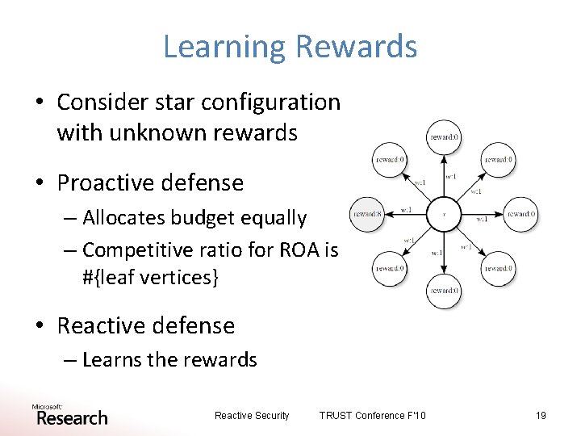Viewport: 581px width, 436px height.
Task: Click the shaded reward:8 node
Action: [x=366, y=215]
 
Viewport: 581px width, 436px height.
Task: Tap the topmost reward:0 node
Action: [x=444, y=137]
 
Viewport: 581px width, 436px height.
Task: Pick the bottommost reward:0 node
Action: [x=444, y=291]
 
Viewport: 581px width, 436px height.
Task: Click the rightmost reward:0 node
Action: [x=521, y=215]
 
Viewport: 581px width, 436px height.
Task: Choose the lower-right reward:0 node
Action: [x=498, y=269]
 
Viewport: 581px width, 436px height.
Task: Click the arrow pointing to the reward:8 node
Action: [x=403, y=215]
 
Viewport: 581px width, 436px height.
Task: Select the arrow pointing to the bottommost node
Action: [x=444, y=254]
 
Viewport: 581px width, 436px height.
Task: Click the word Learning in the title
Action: [x=223, y=47]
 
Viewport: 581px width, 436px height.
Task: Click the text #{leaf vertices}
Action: [x=150, y=277]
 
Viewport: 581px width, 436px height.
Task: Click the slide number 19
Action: [x=541, y=416]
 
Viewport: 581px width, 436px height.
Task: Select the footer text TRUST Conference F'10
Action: [x=372, y=416]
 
